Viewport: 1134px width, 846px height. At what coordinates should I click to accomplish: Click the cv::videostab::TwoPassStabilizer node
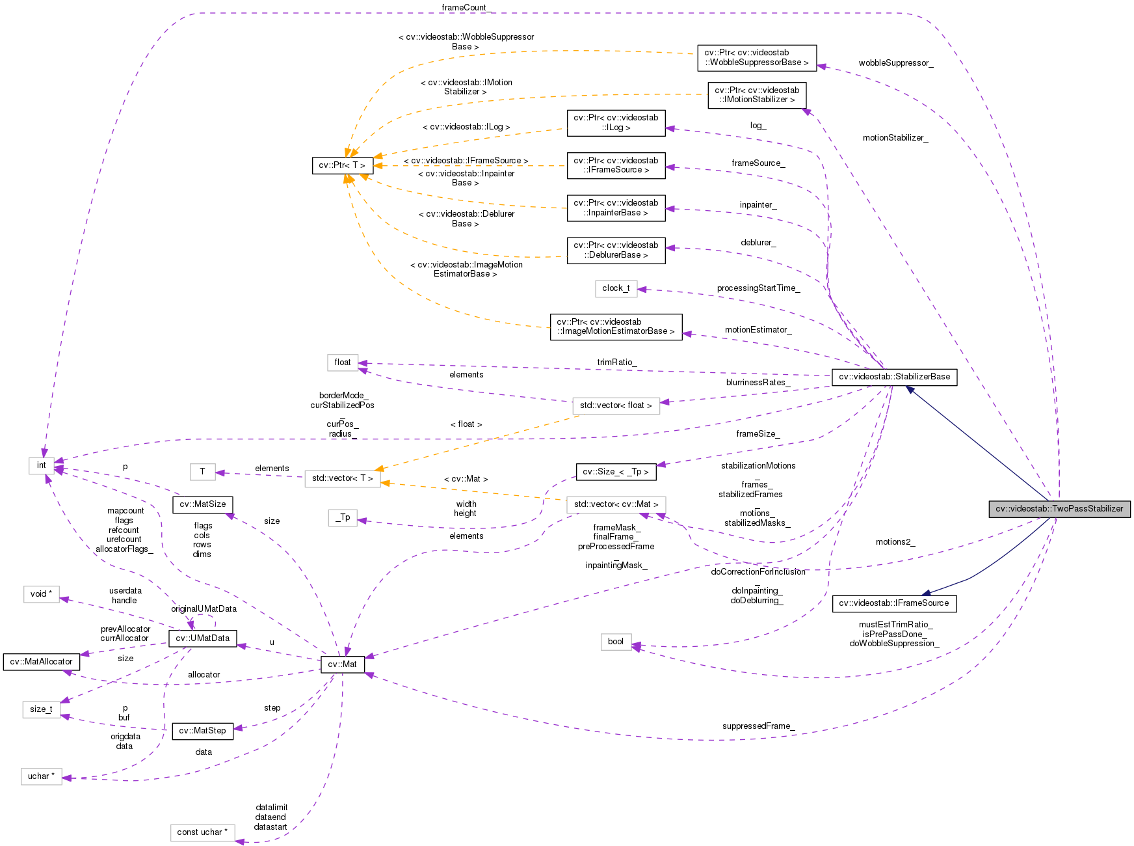[1059, 509]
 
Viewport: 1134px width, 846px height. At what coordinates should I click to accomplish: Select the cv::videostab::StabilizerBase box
[894, 377]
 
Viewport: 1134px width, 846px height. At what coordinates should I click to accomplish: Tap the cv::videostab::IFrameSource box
[894, 603]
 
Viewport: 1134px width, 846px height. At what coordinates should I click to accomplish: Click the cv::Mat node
[342, 664]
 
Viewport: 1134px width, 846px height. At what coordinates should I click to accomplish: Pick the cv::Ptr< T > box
[342, 165]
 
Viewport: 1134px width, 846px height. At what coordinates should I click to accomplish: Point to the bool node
[615, 642]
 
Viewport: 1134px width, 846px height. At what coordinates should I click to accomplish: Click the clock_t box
[615, 288]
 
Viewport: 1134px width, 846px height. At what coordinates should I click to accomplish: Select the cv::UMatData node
[202, 638]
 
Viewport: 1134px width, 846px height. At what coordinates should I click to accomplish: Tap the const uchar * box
[202, 832]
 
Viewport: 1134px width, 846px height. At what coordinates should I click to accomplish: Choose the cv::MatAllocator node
[41, 662]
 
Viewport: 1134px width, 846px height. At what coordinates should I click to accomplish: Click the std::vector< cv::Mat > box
[616, 504]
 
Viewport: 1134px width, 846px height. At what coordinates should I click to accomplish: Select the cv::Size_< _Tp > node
[615, 472]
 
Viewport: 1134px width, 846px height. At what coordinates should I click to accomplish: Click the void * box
[41, 594]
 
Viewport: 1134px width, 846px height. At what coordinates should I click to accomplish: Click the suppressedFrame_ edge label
[758, 726]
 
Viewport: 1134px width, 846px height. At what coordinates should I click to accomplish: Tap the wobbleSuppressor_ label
[895, 63]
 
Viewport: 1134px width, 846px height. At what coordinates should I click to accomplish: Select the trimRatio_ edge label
[616, 362]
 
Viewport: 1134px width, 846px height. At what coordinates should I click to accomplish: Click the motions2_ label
[895, 542]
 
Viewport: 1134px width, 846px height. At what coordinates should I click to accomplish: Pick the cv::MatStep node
[202, 731]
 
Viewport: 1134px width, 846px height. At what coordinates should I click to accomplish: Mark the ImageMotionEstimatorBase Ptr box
[616, 327]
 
